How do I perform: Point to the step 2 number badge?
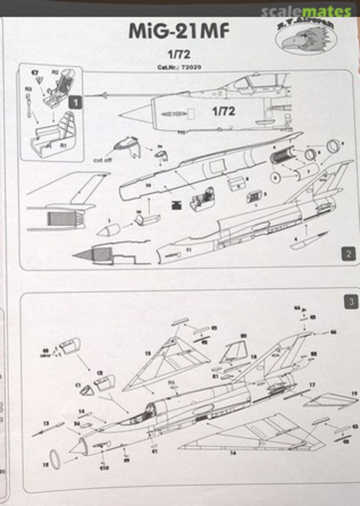click(348, 254)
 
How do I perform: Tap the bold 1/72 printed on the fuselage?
click(223, 112)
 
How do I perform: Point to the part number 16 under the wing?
click(233, 454)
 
